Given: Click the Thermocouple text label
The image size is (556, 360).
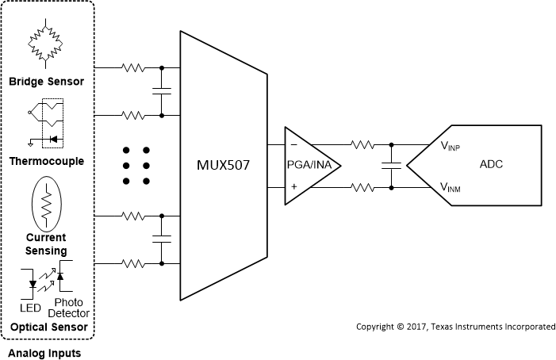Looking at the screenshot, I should coord(47,161).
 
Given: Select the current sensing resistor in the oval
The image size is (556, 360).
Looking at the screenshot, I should coord(47,205).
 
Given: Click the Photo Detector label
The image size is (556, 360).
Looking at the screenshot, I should coord(70,308).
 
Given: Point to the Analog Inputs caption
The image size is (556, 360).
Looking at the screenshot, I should coord(44,351).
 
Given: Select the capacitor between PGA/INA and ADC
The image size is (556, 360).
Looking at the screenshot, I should coord(390,166).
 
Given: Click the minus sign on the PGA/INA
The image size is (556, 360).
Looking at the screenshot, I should coord(293,146).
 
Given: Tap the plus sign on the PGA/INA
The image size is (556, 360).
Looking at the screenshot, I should coord(293,186).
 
